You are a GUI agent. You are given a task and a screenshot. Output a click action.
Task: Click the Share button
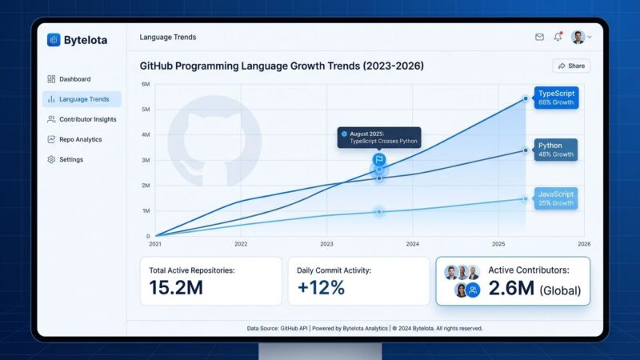click(x=571, y=66)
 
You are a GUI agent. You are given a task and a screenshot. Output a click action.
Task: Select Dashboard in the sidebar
click(x=74, y=79)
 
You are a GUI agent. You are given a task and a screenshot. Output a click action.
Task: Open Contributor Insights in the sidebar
click(x=87, y=119)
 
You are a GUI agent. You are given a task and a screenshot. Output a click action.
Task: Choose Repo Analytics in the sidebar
click(x=80, y=139)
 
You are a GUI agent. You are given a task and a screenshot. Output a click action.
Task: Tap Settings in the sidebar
click(x=70, y=159)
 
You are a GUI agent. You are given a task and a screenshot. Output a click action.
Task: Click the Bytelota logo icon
click(x=54, y=40)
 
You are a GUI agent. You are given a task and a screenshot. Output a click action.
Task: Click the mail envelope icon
click(x=539, y=37)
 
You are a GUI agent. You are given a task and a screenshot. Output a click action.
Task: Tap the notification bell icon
click(x=558, y=37)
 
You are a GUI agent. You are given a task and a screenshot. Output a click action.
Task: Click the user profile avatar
click(x=578, y=37)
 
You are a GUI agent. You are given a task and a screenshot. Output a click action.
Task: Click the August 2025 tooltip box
click(x=379, y=137)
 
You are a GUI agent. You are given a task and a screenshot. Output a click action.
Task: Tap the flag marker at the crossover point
click(x=379, y=160)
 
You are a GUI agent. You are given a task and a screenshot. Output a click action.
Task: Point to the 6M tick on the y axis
click(x=146, y=84)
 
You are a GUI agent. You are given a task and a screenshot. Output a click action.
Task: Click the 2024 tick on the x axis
click(x=412, y=243)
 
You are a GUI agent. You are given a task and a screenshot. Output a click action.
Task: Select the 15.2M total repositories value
click(x=176, y=288)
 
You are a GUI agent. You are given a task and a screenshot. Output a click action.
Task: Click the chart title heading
click(x=282, y=66)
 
